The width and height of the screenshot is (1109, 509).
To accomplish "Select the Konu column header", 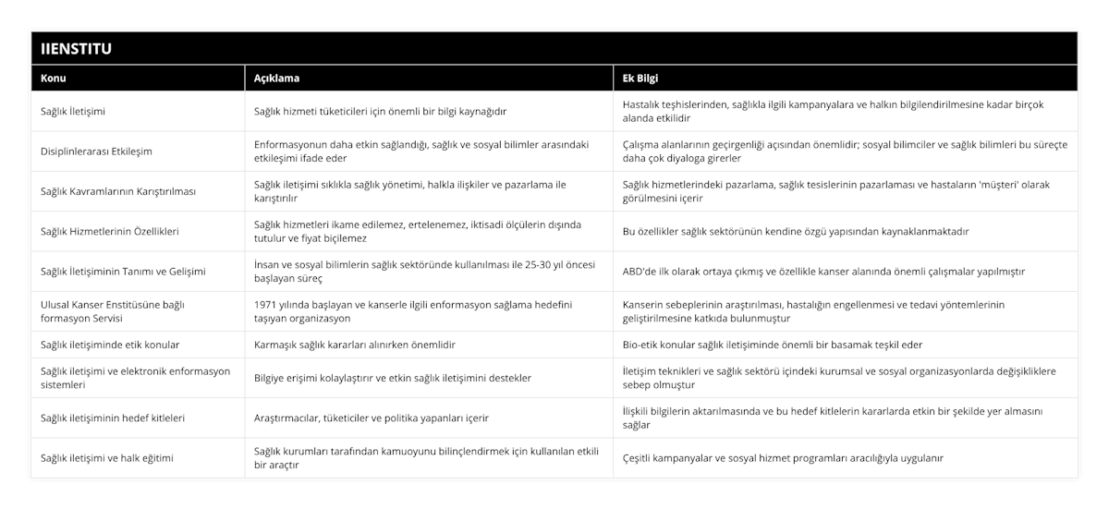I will click(54, 79).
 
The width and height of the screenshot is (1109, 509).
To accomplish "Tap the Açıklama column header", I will click(276, 79).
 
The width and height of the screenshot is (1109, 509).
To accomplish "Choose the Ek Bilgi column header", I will click(640, 79).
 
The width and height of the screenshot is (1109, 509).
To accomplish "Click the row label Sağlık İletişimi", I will click(73, 112).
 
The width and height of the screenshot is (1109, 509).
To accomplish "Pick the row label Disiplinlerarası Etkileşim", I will click(96, 151).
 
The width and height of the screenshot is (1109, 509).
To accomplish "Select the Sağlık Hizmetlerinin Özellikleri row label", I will click(110, 231).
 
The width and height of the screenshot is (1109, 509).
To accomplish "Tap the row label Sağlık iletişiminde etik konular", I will click(110, 345).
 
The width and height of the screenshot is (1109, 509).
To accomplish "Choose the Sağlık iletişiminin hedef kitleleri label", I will click(113, 418).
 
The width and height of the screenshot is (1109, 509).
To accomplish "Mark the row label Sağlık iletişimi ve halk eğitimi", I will click(107, 457).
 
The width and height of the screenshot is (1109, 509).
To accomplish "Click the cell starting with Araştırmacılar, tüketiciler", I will click(372, 418).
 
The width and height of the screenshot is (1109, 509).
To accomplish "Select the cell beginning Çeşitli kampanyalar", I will click(783, 457).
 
